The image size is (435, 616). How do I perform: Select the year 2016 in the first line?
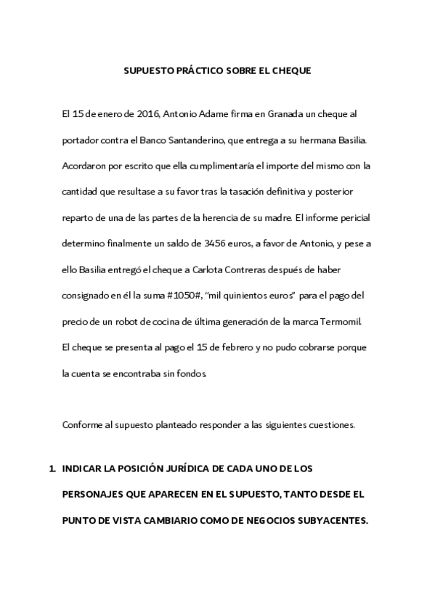coord(147,115)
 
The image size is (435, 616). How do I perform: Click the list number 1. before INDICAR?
coord(52,469)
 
